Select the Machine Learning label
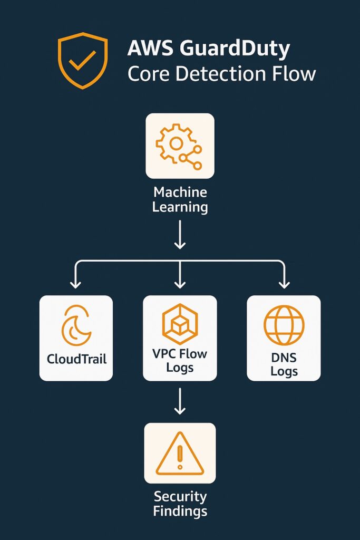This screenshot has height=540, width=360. [x=180, y=199]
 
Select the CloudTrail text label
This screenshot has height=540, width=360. [x=76, y=359]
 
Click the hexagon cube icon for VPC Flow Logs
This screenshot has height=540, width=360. [x=180, y=323]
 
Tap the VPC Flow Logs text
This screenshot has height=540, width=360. [x=180, y=360]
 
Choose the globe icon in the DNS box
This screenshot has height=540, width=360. [x=284, y=325]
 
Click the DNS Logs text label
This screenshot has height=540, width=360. [x=284, y=364]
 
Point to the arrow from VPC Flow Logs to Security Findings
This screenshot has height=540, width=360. [x=180, y=401]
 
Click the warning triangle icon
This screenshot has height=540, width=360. [x=180, y=454]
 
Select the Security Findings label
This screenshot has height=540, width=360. [x=180, y=504]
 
